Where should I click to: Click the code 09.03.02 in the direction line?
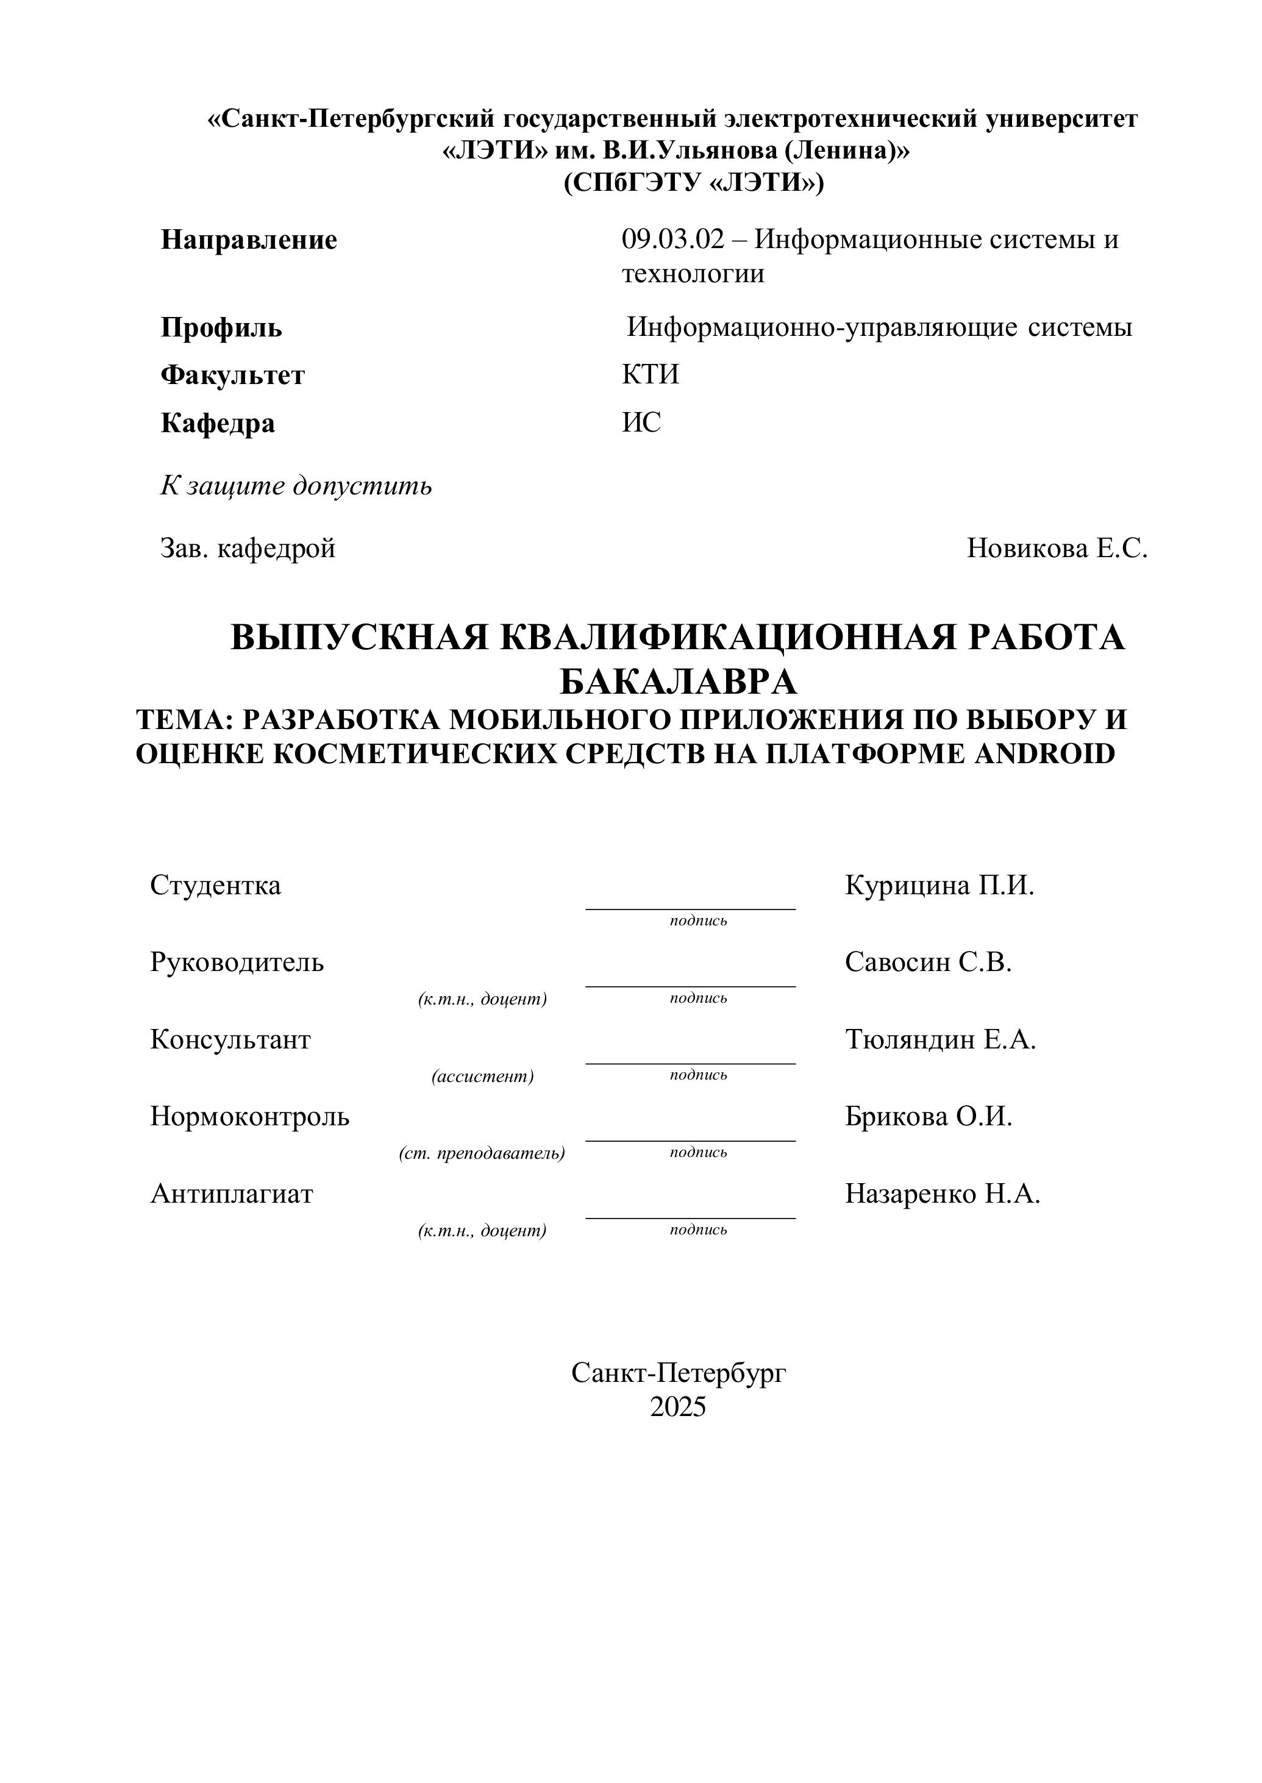672,240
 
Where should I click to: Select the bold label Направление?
249,240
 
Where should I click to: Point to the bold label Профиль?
221,328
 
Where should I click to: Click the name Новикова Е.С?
1057,549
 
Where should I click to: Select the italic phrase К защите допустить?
296,486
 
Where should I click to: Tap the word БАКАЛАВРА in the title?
679,682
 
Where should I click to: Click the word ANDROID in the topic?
1044,753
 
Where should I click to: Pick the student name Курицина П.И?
939,885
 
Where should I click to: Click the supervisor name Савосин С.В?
928,963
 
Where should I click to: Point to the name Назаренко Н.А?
942,1194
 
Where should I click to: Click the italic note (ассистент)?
483,1076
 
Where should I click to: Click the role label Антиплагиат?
232,1194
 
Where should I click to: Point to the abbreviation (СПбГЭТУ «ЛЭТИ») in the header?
693,183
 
